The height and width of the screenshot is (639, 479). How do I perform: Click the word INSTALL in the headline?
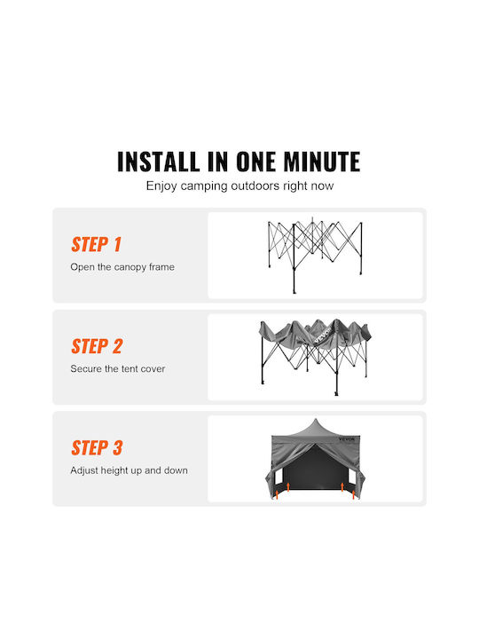point(158,162)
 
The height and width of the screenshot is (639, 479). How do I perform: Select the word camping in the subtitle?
point(204,186)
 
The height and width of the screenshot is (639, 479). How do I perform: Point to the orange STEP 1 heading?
point(96,245)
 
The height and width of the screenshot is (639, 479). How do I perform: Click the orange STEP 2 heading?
point(97,346)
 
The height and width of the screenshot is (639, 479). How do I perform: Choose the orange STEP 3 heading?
point(97,448)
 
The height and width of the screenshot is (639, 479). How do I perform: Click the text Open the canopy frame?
point(122,267)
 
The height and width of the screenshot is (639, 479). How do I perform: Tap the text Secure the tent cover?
point(118,369)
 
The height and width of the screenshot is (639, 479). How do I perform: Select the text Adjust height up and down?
point(130,470)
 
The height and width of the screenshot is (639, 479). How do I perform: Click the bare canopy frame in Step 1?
point(314,255)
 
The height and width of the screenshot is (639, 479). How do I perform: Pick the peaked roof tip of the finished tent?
point(315,419)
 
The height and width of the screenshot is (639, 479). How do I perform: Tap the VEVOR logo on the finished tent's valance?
point(347,439)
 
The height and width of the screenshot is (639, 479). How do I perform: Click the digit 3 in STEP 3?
point(117,448)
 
